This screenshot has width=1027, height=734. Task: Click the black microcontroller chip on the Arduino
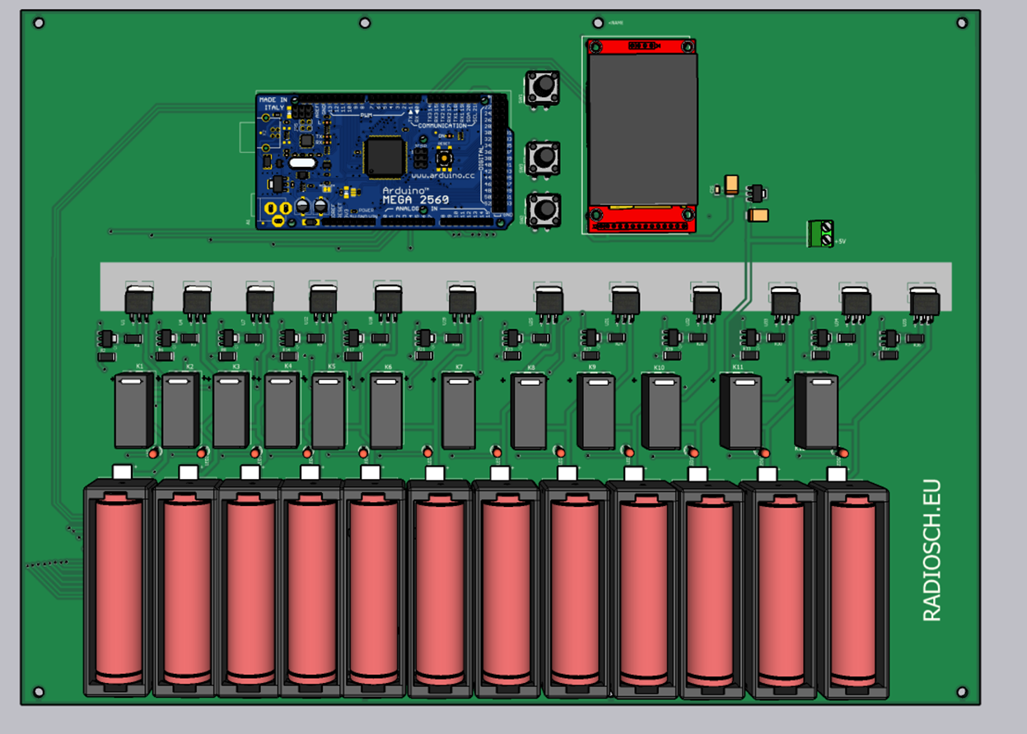click(x=385, y=156)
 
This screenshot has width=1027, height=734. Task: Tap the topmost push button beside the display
click(x=543, y=86)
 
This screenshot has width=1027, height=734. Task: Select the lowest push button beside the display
click(x=543, y=210)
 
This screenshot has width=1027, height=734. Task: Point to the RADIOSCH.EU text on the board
click(x=931, y=550)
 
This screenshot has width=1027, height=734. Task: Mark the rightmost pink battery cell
click(x=853, y=591)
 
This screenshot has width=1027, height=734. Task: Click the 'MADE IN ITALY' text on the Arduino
click(x=273, y=104)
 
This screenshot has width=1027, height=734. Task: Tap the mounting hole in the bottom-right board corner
click(x=961, y=691)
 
